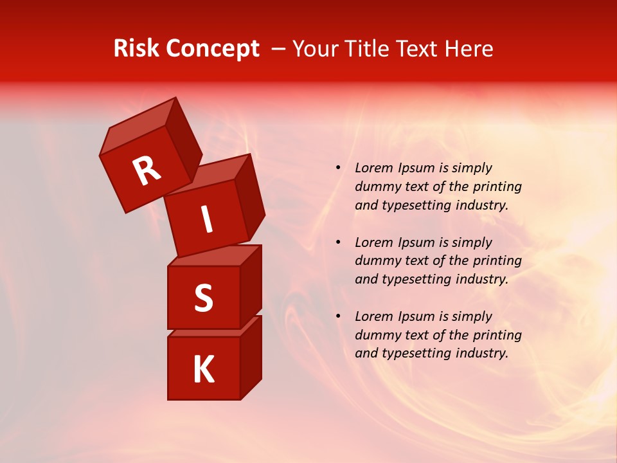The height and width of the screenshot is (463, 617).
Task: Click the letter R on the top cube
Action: [x=147, y=171]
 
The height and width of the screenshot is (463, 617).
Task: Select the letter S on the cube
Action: [x=203, y=298]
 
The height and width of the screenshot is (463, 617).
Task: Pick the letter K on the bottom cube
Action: [x=203, y=370]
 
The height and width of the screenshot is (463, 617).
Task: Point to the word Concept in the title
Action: [x=211, y=50]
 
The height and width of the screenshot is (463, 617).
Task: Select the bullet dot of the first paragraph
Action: [x=338, y=168]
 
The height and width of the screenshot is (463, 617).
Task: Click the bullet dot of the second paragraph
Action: [x=338, y=242]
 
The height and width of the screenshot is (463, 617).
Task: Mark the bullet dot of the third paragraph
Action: [x=338, y=316]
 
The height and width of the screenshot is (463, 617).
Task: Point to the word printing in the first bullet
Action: [x=497, y=187]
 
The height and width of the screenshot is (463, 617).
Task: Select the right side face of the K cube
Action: [x=251, y=357]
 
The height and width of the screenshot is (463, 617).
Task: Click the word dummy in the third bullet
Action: [x=377, y=335]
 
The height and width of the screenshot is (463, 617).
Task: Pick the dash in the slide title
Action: [x=278, y=50]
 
